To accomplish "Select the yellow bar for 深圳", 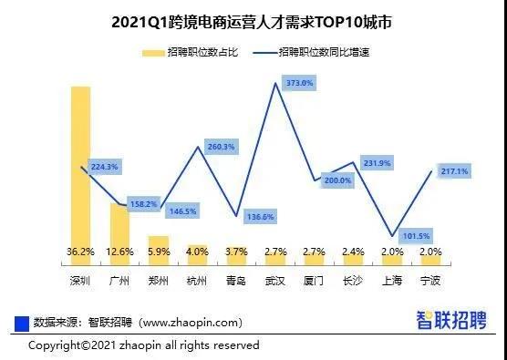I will click(80, 164).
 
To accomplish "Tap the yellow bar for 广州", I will click(119, 223).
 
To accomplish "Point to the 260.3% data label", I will click(221, 146).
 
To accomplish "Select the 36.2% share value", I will click(80, 251).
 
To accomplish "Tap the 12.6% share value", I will click(119, 251).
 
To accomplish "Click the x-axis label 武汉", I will click(276, 281).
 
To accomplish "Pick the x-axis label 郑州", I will click(159, 281).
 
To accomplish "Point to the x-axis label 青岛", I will click(237, 281).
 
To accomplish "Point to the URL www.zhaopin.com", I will click(192, 322).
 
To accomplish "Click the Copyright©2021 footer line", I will click(143, 345).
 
